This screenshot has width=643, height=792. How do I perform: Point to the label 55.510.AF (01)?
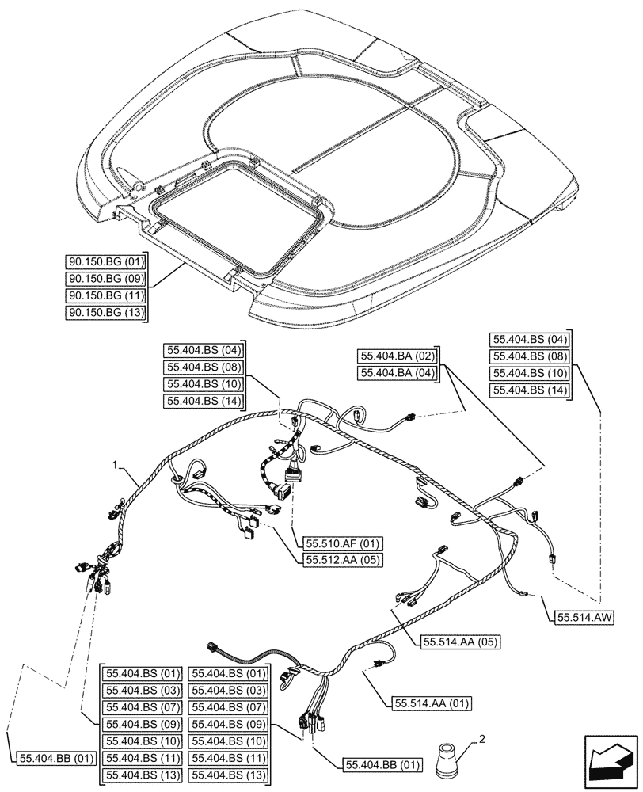[x=342, y=543]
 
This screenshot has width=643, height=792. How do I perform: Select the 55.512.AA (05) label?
[x=342, y=560]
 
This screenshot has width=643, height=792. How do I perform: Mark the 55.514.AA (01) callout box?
[x=432, y=702]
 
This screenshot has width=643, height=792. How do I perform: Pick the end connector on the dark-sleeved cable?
[x=212, y=646]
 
